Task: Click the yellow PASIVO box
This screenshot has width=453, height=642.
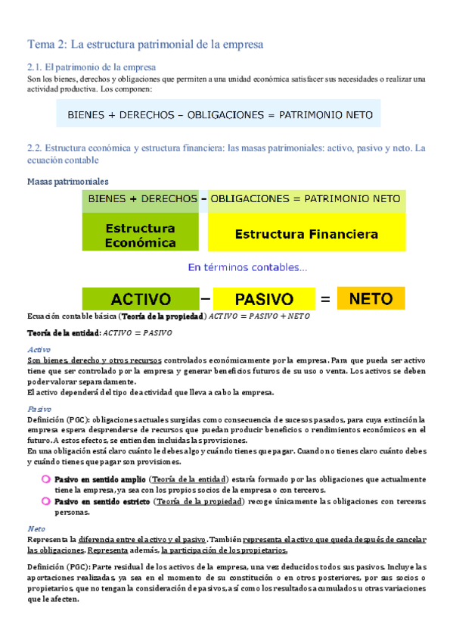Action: tap(264, 299)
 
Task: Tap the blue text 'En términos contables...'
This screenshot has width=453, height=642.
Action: tap(247, 267)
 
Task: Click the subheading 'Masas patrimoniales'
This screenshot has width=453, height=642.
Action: tap(67, 182)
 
